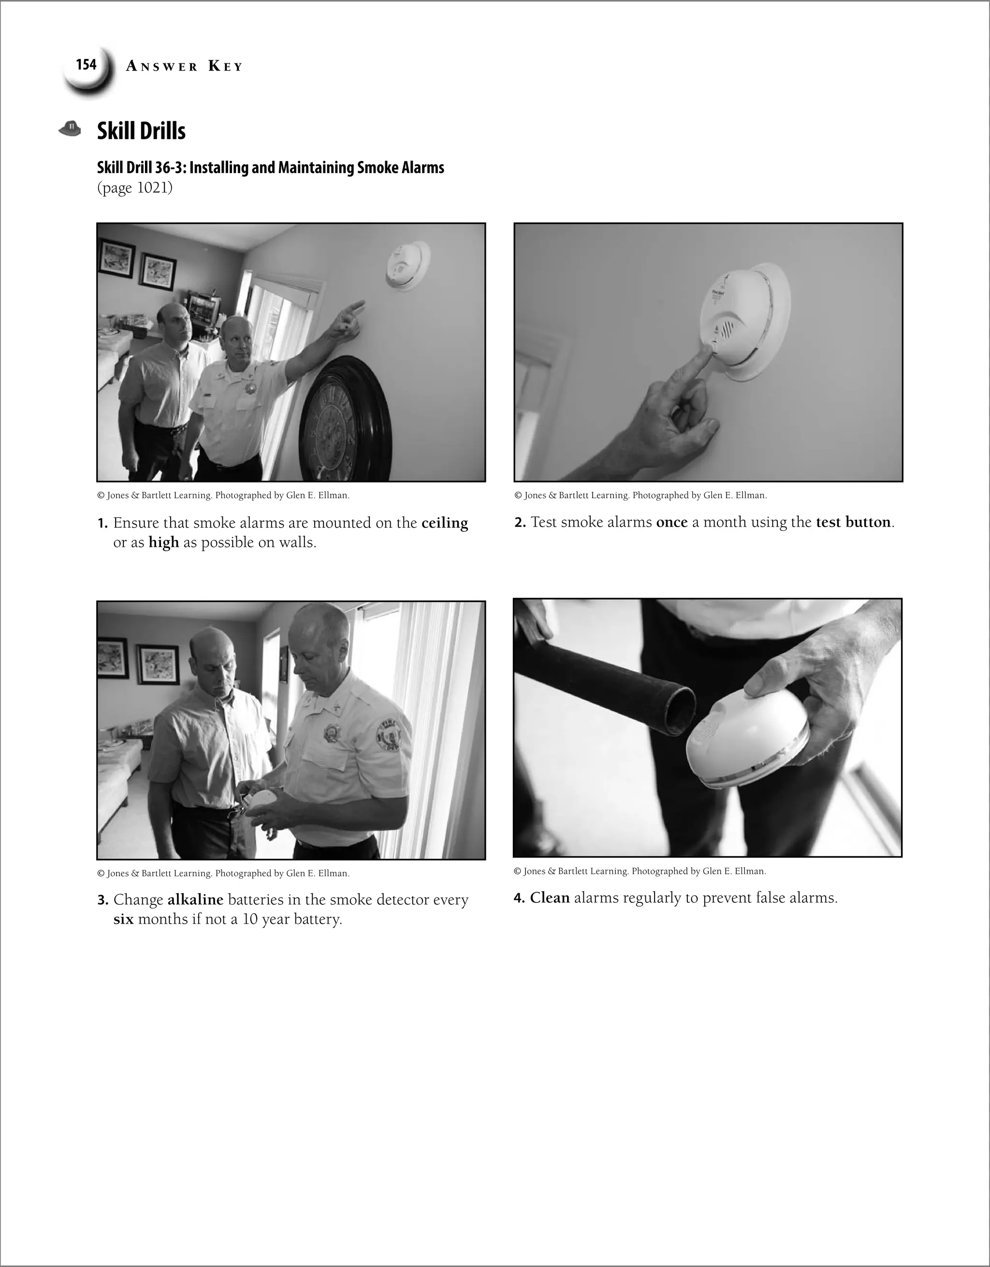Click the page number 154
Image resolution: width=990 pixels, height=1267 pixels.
point(86,64)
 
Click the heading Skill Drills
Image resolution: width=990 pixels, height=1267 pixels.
point(141,131)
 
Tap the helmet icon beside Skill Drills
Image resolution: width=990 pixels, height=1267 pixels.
point(70,128)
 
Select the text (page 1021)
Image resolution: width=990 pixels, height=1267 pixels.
point(134,188)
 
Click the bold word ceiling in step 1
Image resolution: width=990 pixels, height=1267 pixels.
point(444,523)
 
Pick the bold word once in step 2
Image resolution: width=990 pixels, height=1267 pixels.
point(671,523)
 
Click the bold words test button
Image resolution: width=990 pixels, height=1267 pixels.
point(853,523)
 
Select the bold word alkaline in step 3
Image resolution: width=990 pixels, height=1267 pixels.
point(195,900)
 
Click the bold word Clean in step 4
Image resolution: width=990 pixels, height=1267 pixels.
point(549,898)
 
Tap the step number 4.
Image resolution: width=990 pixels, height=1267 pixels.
point(519,899)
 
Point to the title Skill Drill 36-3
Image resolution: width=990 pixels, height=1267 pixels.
point(270,168)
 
